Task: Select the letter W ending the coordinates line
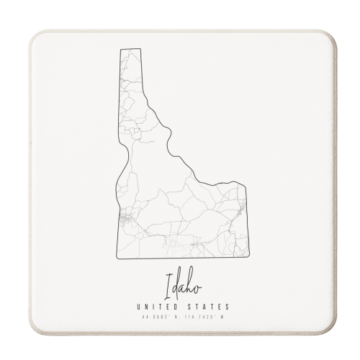(223, 318)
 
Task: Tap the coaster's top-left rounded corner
(35, 36)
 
